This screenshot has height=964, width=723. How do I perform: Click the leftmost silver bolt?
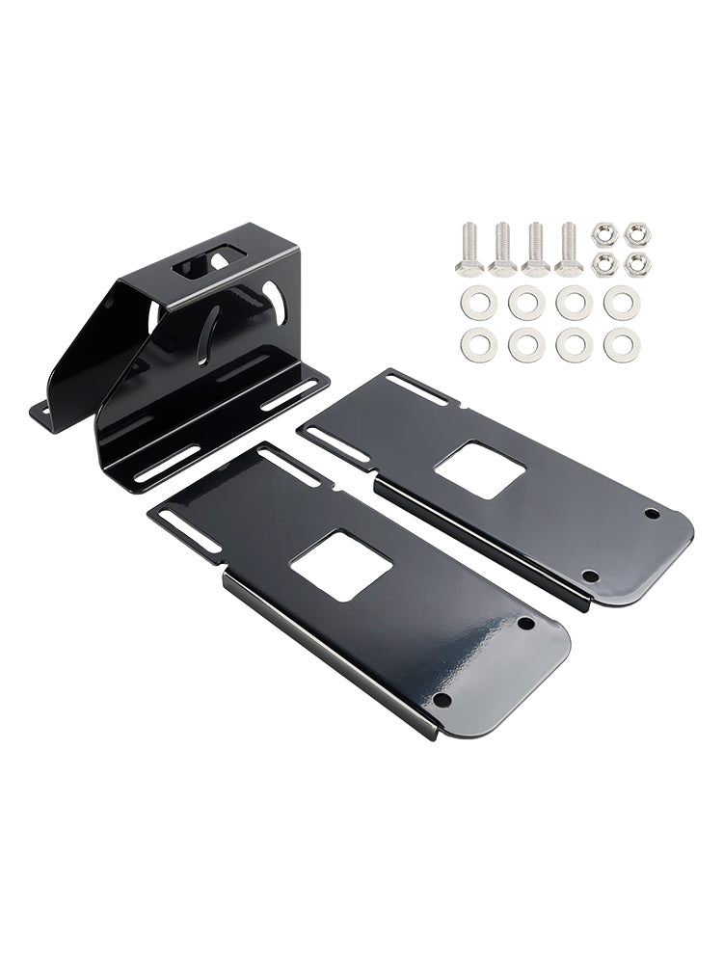(x=469, y=249)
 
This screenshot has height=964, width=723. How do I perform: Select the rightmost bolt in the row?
(x=570, y=249)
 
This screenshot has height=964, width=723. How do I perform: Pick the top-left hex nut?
(x=604, y=233)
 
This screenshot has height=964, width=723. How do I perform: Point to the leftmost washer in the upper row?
(x=478, y=304)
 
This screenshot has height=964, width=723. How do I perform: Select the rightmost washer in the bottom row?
(x=622, y=345)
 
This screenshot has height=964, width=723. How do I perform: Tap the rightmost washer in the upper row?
(x=622, y=304)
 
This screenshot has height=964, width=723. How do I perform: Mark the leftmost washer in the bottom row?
(x=478, y=345)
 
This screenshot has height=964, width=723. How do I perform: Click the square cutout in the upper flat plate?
(x=479, y=469)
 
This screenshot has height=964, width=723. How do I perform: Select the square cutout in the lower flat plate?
(x=340, y=565)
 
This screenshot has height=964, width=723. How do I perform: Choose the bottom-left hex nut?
(x=604, y=265)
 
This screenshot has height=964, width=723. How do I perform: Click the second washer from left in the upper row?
(x=526, y=304)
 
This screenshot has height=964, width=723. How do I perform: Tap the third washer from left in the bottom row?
(x=575, y=345)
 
